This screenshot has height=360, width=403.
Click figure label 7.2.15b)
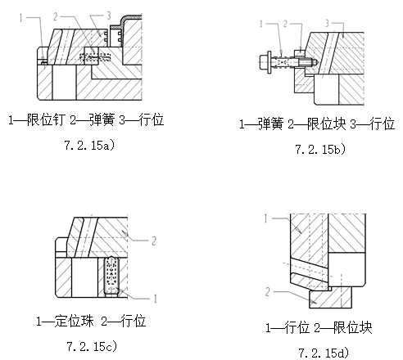pos(320,149)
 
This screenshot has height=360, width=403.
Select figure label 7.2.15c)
pos(88,346)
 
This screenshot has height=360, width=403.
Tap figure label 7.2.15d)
pos(320,352)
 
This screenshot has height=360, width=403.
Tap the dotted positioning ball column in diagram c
pos(114,276)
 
